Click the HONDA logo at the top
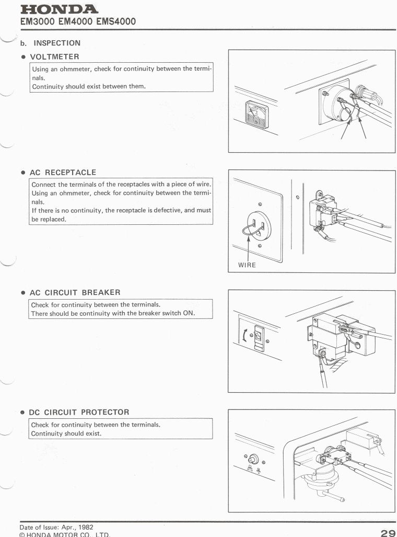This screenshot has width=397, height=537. pyautogui.click(x=59, y=9)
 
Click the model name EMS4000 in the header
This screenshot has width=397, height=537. pyautogui.click(x=116, y=21)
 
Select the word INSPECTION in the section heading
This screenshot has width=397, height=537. pyautogui.click(x=57, y=43)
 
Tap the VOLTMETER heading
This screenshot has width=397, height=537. pyautogui.click(x=55, y=57)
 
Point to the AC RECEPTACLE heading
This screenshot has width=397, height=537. pyautogui.click(x=63, y=173)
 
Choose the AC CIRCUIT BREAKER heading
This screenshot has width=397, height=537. pyautogui.click(x=75, y=292)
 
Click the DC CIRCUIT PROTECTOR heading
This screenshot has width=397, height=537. pyautogui.click(x=79, y=413)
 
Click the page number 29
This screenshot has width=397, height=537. pyautogui.click(x=388, y=533)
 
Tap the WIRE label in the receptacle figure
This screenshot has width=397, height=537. pyautogui.click(x=247, y=265)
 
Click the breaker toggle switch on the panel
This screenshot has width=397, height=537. pyautogui.click(x=259, y=336)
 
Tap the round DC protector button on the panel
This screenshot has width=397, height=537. pyautogui.click(x=253, y=458)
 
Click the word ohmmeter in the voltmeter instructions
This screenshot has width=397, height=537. pyautogui.click(x=74, y=69)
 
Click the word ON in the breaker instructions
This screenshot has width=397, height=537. pyautogui.click(x=188, y=313)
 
